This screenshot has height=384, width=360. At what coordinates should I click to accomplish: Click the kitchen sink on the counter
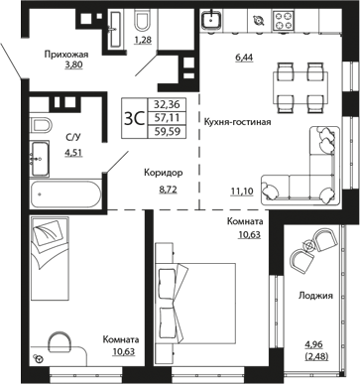click(x=210, y=20)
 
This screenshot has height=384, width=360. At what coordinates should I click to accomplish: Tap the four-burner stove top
click(x=284, y=20)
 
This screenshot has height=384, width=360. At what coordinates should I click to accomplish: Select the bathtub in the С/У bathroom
click(x=65, y=193)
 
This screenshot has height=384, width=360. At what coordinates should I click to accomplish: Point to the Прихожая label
click(x=66, y=55)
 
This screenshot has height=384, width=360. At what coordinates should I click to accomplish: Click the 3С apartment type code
click(x=134, y=118)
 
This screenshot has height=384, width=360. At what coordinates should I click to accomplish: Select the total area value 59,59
click(x=167, y=132)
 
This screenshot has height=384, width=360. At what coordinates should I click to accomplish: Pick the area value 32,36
click(x=167, y=104)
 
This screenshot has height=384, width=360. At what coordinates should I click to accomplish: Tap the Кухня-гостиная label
click(x=238, y=122)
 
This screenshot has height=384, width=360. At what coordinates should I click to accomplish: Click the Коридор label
click(x=164, y=173)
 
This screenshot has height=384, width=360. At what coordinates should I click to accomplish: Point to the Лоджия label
click(x=315, y=296)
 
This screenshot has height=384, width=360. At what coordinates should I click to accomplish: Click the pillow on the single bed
click(x=48, y=233)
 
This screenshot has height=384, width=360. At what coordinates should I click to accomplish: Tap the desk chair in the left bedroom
click(x=60, y=342)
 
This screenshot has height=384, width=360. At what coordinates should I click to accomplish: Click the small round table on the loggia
click(x=309, y=245)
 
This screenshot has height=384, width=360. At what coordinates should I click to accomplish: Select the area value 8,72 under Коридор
click(x=168, y=191)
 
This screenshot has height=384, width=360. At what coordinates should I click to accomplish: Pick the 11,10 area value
click(x=242, y=191)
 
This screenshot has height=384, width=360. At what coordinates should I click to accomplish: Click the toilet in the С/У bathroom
click(x=41, y=126)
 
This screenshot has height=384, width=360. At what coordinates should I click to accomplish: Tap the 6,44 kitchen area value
click(x=244, y=58)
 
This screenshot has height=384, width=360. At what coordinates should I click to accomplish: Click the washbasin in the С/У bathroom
click(x=40, y=158)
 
